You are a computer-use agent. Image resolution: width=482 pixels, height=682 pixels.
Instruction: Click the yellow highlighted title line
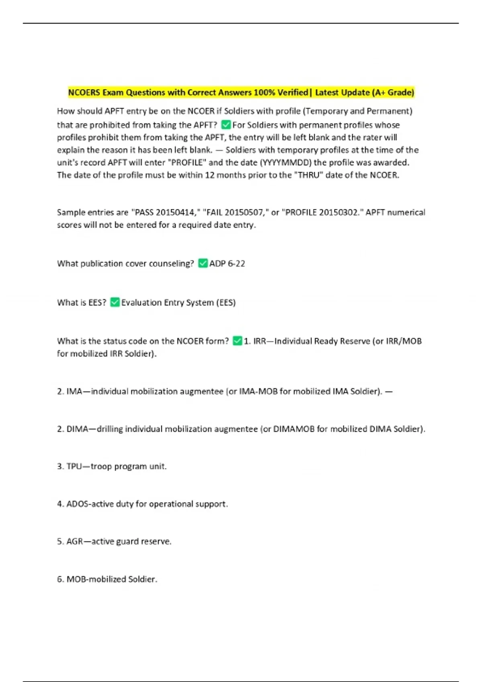click(241, 93)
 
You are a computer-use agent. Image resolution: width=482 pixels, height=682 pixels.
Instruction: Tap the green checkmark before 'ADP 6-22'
click(203, 263)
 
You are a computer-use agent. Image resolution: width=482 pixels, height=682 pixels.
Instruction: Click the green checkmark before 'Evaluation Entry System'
click(115, 302)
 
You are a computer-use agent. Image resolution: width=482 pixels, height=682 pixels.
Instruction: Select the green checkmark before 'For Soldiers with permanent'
click(226, 125)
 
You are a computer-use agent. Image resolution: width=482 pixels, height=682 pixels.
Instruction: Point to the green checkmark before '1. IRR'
click(237, 341)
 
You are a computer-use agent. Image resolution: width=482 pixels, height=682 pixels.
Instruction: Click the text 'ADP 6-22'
click(227, 264)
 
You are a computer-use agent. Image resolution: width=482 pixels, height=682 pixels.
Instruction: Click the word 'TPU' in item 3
click(74, 466)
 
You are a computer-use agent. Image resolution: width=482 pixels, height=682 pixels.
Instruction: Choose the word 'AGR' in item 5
click(75, 542)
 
